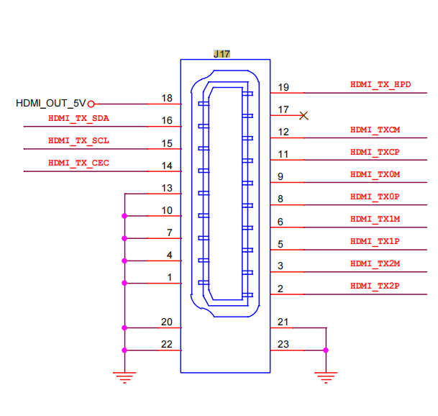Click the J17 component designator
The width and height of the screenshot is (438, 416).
[x=222, y=54]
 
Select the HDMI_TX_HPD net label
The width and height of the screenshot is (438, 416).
[x=380, y=84]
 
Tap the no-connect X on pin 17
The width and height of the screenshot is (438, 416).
[x=304, y=115]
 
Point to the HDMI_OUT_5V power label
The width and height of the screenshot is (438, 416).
[x=50, y=104]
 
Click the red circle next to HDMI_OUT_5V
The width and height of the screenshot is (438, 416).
[x=91, y=104]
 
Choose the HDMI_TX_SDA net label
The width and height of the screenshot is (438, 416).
[x=78, y=118]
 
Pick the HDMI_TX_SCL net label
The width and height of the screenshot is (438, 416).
[x=78, y=140]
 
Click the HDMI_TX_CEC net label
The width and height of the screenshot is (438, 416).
[x=78, y=163]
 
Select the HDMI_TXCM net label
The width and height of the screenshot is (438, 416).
[x=375, y=130]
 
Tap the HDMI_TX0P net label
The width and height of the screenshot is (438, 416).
[x=375, y=196]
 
